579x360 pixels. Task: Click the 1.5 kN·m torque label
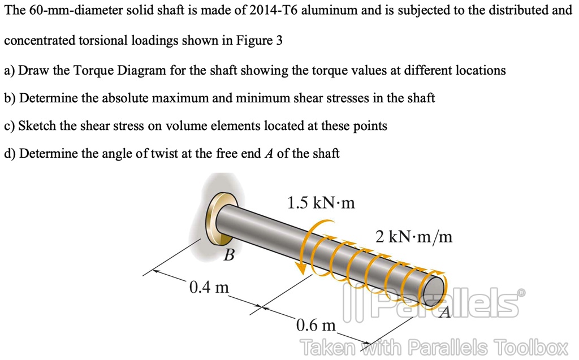(x=321, y=202)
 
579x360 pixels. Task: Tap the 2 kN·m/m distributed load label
(x=414, y=236)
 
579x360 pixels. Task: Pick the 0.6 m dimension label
(x=316, y=326)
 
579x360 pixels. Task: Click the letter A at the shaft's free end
(x=444, y=311)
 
